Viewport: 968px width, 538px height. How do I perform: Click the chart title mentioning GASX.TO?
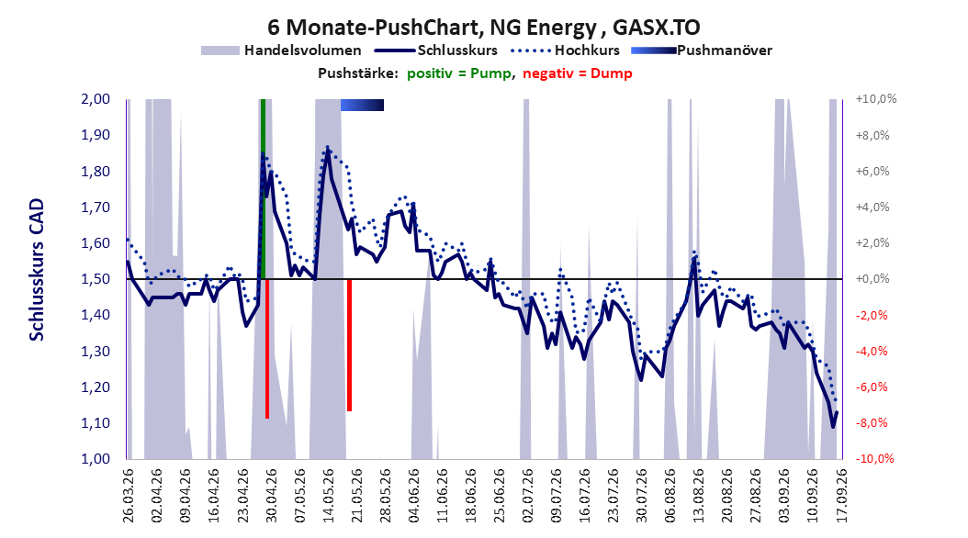click(484, 28)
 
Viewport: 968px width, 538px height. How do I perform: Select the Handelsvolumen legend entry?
click(281, 50)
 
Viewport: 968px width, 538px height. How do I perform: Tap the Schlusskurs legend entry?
click(436, 50)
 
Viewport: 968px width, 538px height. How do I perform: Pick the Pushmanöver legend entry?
click(702, 50)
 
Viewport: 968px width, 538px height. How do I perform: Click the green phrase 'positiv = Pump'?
click(459, 73)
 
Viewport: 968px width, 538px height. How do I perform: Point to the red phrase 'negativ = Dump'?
click(578, 73)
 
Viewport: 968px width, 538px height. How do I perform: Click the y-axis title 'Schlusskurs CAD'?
click(37, 270)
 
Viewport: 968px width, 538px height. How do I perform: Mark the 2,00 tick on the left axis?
click(96, 99)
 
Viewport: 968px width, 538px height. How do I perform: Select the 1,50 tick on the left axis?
click(96, 279)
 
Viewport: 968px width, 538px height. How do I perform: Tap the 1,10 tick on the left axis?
click(96, 422)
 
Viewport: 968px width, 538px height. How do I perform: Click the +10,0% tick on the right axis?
click(876, 99)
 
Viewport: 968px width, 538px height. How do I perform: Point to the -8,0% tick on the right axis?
click(872, 422)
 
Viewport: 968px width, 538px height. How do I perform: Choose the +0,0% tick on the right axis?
click(872, 279)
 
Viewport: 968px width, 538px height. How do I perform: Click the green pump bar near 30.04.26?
click(263, 189)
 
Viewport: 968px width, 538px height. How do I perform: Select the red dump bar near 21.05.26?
click(349, 345)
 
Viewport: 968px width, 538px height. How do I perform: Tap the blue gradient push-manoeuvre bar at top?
click(362, 105)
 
